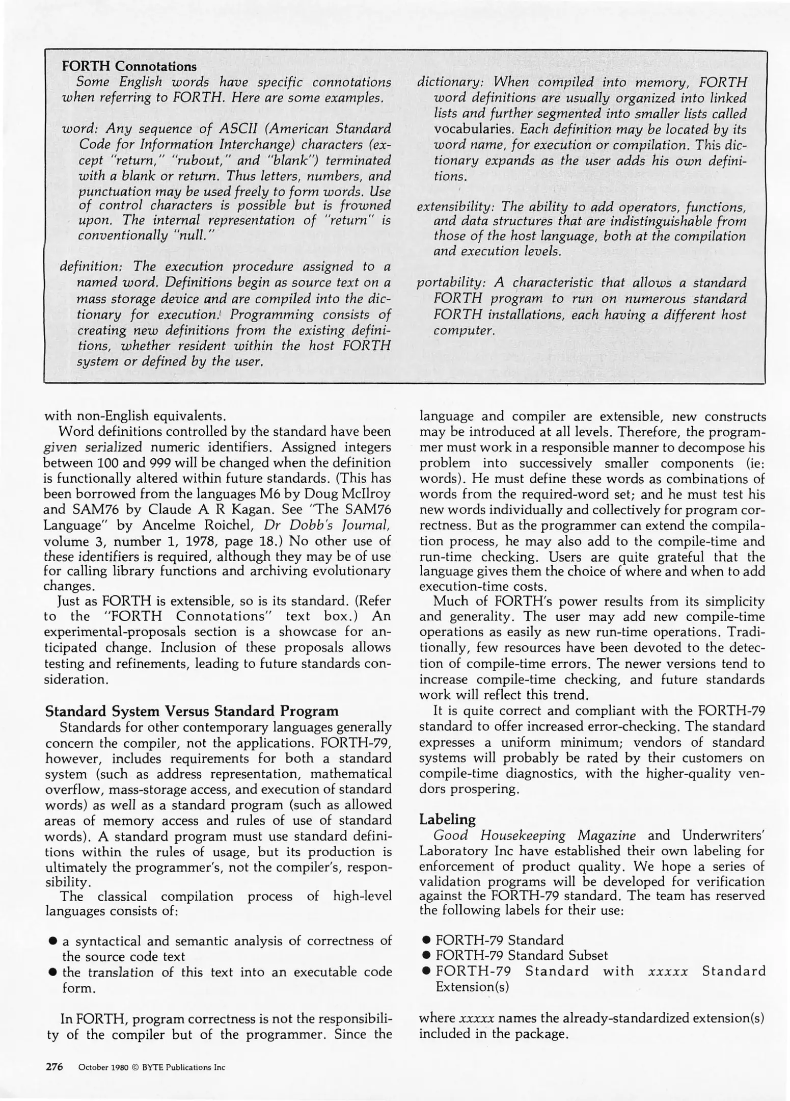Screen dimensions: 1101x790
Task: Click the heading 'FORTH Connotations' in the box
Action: (x=129, y=66)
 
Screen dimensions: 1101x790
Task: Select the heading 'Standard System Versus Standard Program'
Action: (x=192, y=711)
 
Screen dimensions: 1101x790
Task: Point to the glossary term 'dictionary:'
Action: (x=447, y=82)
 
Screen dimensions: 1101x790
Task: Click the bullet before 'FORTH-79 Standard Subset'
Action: (x=427, y=956)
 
